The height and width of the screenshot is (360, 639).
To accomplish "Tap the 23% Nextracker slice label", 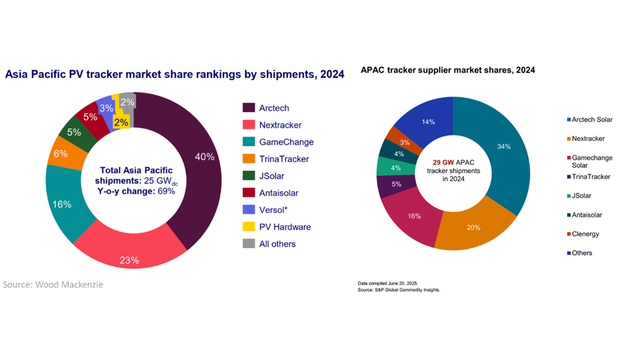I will click(x=130, y=259).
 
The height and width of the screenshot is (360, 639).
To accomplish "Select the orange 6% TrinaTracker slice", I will click(x=61, y=153).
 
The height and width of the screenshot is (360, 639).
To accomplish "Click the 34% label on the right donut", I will click(x=504, y=147).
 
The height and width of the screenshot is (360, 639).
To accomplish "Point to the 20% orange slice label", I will click(x=473, y=227).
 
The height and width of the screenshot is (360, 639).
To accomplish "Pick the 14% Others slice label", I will click(x=428, y=122).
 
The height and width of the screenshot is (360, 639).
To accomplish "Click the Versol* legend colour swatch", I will click(x=248, y=210).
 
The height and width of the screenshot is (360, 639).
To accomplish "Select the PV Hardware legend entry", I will click(x=285, y=227).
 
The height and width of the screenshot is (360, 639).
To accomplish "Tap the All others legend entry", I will click(x=277, y=244).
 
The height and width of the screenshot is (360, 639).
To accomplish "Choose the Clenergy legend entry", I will click(x=585, y=234).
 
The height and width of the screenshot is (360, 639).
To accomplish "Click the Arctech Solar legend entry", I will click(x=592, y=120).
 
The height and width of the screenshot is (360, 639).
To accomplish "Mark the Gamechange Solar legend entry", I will click(x=592, y=162).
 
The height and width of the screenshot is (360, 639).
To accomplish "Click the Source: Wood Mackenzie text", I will click(x=53, y=285).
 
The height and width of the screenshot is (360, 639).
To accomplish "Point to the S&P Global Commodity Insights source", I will click(x=399, y=290).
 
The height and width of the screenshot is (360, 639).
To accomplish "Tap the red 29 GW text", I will click(x=441, y=162).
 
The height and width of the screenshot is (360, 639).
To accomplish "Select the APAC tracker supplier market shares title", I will click(x=447, y=70).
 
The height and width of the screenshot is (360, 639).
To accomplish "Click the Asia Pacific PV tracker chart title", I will click(x=175, y=75).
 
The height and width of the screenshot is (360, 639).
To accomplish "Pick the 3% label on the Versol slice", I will click(x=106, y=108).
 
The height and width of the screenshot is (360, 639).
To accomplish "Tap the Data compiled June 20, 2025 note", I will click(x=383, y=283).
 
